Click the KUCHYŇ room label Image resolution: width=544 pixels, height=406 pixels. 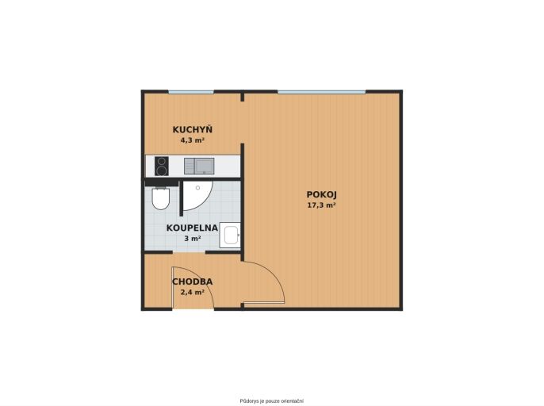point(193,129)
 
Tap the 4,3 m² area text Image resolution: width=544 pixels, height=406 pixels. point(192,140)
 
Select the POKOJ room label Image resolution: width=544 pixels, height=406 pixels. point(322,194)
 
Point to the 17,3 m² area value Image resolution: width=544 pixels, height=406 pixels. point(321,205)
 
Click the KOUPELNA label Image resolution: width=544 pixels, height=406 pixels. point(192,228)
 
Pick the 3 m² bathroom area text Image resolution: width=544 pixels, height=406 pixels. point(193,239)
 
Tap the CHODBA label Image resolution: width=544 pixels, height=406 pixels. point(193,282)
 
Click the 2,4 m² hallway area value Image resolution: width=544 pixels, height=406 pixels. point(192,292)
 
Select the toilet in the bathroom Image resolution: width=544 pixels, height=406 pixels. point(161,198)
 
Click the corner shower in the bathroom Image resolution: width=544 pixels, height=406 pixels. point(197,196)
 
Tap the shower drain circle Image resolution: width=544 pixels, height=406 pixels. point(197,188)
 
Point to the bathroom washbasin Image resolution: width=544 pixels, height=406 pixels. point(230,236)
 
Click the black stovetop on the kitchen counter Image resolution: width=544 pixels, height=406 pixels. point(162,167)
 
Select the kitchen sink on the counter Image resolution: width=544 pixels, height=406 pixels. point(199,166)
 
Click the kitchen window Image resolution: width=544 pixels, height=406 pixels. point(191,92)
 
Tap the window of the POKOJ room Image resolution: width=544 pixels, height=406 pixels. point(322,92)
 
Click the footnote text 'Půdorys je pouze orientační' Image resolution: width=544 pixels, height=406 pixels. point(272,400)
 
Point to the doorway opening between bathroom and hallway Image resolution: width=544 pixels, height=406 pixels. point(189,252)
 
